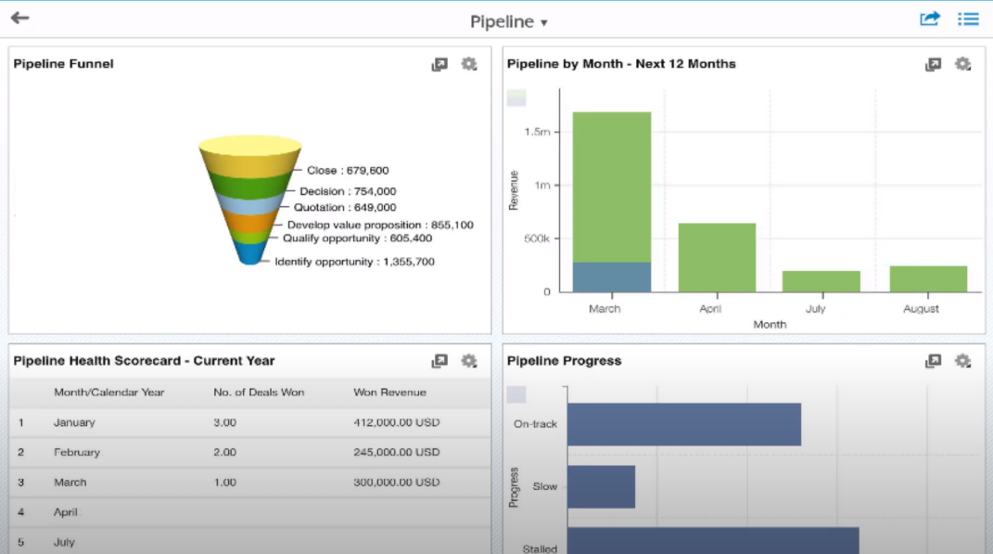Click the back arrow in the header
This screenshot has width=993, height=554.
click(19, 19)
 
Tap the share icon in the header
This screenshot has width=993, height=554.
click(930, 19)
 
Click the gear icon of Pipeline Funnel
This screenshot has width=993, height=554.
click(469, 64)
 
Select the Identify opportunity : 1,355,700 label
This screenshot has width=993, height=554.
click(354, 262)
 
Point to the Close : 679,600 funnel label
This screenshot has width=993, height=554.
click(348, 171)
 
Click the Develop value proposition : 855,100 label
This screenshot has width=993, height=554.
click(380, 225)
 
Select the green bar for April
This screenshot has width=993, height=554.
click(717, 258)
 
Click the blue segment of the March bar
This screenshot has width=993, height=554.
click(611, 277)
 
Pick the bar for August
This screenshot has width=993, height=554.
click(928, 279)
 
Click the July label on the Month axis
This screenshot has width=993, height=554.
click(815, 309)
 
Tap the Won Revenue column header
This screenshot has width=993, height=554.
click(389, 393)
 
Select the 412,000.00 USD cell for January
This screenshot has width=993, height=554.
click(397, 422)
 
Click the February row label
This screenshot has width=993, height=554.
click(77, 452)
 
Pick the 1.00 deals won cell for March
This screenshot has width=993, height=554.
click(224, 483)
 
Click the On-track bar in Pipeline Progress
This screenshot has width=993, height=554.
click(683, 424)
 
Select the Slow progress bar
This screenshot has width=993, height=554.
click(601, 486)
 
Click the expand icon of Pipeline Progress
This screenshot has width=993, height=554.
click(933, 361)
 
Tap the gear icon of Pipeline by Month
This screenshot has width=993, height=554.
click(963, 64)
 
